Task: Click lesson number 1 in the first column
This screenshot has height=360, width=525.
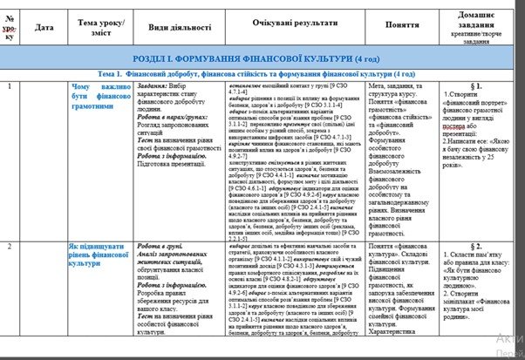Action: pos(9,86)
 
